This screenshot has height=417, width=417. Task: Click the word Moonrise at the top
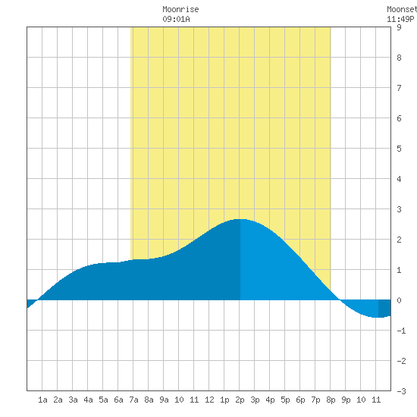click(180, 10)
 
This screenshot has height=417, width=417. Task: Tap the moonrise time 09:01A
click(176, 19)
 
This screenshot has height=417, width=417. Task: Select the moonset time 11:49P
click(400, 19)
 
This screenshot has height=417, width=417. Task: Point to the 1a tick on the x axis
click(42, 400)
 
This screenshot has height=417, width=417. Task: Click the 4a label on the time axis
click(88, 400)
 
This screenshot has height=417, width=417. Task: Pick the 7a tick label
click(133, 400)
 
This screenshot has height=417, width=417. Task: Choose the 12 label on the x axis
click(209, 400)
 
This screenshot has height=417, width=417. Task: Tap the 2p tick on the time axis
click(240, 400)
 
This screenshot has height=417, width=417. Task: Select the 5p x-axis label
click(285, 400)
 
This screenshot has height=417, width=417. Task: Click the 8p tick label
click(331, 400)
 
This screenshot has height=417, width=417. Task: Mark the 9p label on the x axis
click(346, 400)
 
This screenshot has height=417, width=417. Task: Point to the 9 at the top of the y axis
click(399, 27)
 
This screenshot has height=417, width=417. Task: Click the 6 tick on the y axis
click(399, 118)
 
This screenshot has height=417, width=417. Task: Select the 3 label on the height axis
click(399, 209)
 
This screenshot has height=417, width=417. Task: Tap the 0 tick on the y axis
click(399, 300)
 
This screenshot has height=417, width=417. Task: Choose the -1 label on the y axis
click(401, 331)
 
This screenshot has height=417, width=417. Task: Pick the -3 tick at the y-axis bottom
click(401, 391)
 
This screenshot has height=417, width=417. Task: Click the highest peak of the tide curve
click(240, 219)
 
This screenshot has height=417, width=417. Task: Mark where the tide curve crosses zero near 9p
click(340, 299)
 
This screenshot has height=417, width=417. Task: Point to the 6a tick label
click(118, 400)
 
